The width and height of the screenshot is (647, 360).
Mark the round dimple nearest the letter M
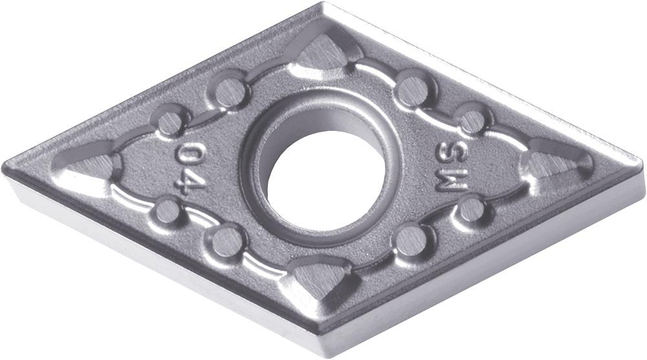[471, 209]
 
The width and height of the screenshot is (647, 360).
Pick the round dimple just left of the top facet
[230, 91]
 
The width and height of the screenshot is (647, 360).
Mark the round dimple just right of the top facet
[413, 90]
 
